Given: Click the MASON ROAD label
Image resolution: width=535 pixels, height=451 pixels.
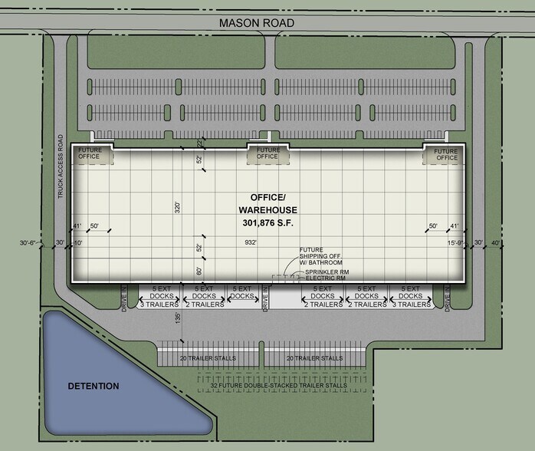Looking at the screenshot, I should [x=256, y=23].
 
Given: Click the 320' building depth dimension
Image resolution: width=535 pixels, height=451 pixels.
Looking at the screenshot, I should [x=178, y=206].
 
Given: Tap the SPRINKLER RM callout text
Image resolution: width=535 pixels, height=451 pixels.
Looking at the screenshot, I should [x=327, y=272].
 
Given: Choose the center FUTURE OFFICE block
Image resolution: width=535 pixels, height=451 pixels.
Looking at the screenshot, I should [x=267, y=153].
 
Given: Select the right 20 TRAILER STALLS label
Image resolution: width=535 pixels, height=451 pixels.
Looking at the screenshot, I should [x=314, y=358].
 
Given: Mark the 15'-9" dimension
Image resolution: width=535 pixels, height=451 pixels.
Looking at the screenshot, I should [x=456, y=243].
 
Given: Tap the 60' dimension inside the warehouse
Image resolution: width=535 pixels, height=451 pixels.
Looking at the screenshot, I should [x=200, y=271].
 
